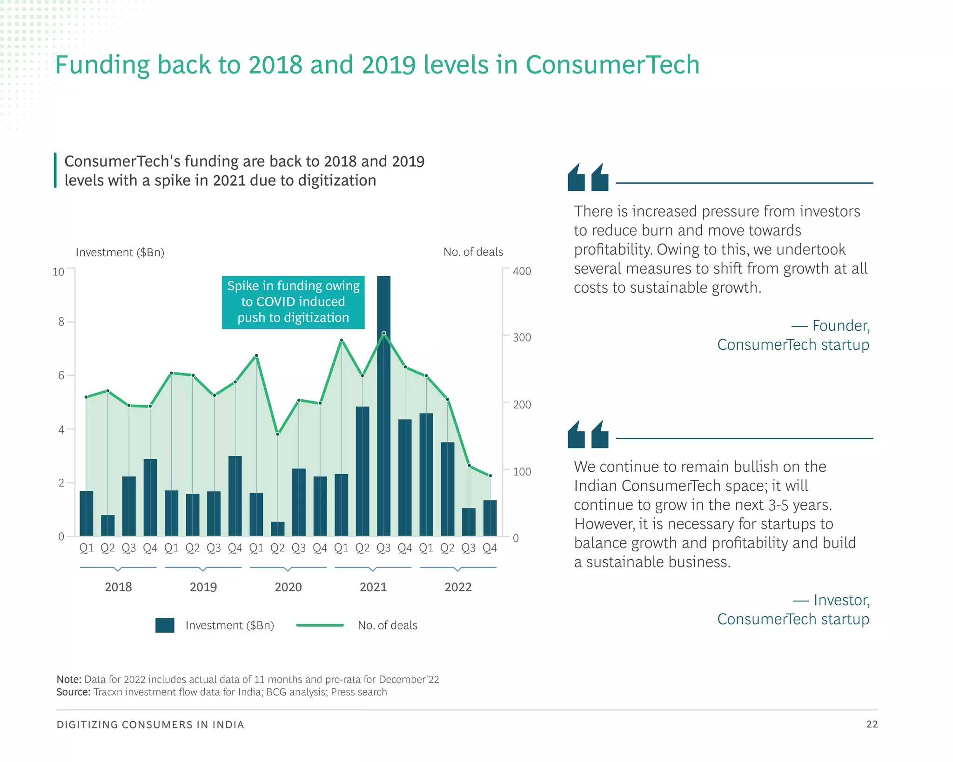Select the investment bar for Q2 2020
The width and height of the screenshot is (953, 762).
[277, 529]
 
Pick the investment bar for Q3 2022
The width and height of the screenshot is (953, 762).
[469, 522]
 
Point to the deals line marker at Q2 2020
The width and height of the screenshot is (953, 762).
[278, 434]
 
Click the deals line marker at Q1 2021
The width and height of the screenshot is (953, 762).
[342, 340]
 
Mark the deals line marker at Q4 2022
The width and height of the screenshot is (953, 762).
[490, 476]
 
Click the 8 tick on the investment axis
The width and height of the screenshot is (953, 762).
[61, 322]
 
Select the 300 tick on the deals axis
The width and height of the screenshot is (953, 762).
[522, 337]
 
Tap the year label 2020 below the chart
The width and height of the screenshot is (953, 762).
[288, 587]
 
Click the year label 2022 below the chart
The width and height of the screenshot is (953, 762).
[458, 587]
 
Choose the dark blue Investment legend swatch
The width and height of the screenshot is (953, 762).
[165, 625]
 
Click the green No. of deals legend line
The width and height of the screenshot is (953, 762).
[320, 625]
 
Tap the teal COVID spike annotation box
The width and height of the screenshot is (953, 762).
[293, 302]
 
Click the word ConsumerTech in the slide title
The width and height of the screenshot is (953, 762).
[612, 65]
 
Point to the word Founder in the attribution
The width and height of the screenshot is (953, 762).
[840, 326]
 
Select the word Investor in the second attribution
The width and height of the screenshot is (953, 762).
[841, 600]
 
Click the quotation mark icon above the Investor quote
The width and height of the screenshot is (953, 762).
[588, 434]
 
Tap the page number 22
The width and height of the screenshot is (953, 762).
[872, 724]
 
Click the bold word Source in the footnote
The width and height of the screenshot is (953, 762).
[73, 692]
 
